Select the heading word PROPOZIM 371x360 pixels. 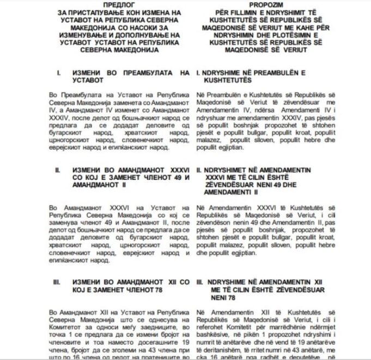(263, 3)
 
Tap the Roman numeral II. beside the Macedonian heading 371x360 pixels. (57, 170)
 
